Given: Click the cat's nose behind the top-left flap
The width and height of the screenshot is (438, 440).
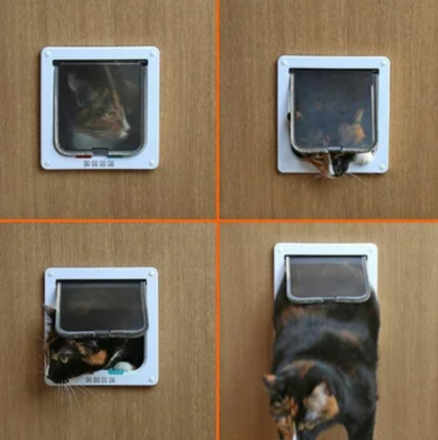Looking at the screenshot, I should click(126, 129).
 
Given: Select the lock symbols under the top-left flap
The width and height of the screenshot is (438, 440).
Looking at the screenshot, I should click(98, 163).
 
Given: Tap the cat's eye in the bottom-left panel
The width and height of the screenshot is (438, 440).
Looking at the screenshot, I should click(64, 358).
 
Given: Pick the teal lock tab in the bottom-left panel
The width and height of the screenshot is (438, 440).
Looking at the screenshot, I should click(115, 371).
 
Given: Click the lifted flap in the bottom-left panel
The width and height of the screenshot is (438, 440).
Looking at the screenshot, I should click(102, 308).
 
